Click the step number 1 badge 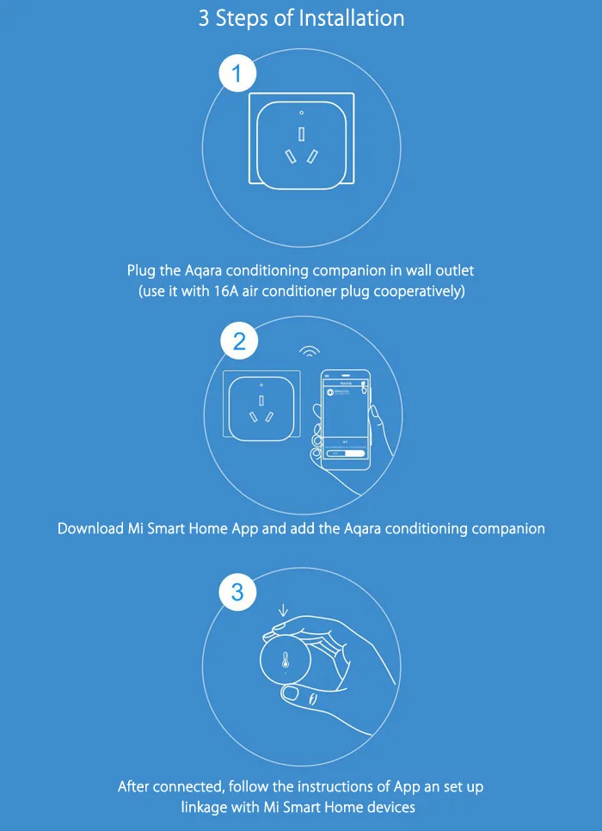pos(238,75)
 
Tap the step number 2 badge pos(239,342)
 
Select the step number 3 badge pos(237,592)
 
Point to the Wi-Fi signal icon pos(310,351)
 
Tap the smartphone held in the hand pos(345,419)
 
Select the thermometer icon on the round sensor pos(286,662)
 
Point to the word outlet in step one pos(454,271)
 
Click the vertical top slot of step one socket pos(301,133)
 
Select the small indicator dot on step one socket pos(301,114)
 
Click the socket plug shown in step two pos(261,407)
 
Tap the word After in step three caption pos(136,786)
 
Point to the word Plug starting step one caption pos(142,271)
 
